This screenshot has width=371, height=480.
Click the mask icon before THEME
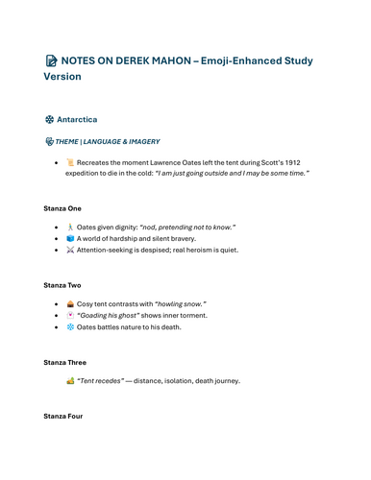pyautogui.click(x=49, y=141)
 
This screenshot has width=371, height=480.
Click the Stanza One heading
pyautogui.click(x=63, y=208)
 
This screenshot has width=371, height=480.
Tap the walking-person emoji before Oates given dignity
pyautogui.click(x=70, y=227)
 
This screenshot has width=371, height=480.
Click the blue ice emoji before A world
pyautogui.click(x=70, y=238)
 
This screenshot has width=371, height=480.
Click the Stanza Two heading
pyautogui.click(x=63, y=285)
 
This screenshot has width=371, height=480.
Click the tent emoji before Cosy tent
pyautogui.click(x=70, y=303)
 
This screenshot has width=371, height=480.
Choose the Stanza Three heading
pyautogui.click(x=65, y=362)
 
